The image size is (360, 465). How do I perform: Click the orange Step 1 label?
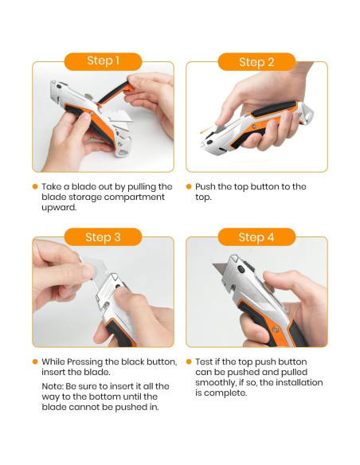[103, 61]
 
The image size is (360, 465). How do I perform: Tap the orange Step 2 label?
[256, 61]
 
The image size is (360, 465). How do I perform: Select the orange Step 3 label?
[103, 236]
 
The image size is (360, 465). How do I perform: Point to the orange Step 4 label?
[256, 236]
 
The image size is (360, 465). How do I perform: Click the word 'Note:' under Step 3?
[56, 386]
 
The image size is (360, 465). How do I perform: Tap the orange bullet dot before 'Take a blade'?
[35, 186]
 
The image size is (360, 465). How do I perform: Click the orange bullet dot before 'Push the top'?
[190, 186]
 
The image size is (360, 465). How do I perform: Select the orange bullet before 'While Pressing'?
[35, 361]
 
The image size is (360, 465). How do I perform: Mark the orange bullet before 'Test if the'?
[190, 361]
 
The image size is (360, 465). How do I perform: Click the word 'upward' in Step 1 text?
[60, 207]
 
